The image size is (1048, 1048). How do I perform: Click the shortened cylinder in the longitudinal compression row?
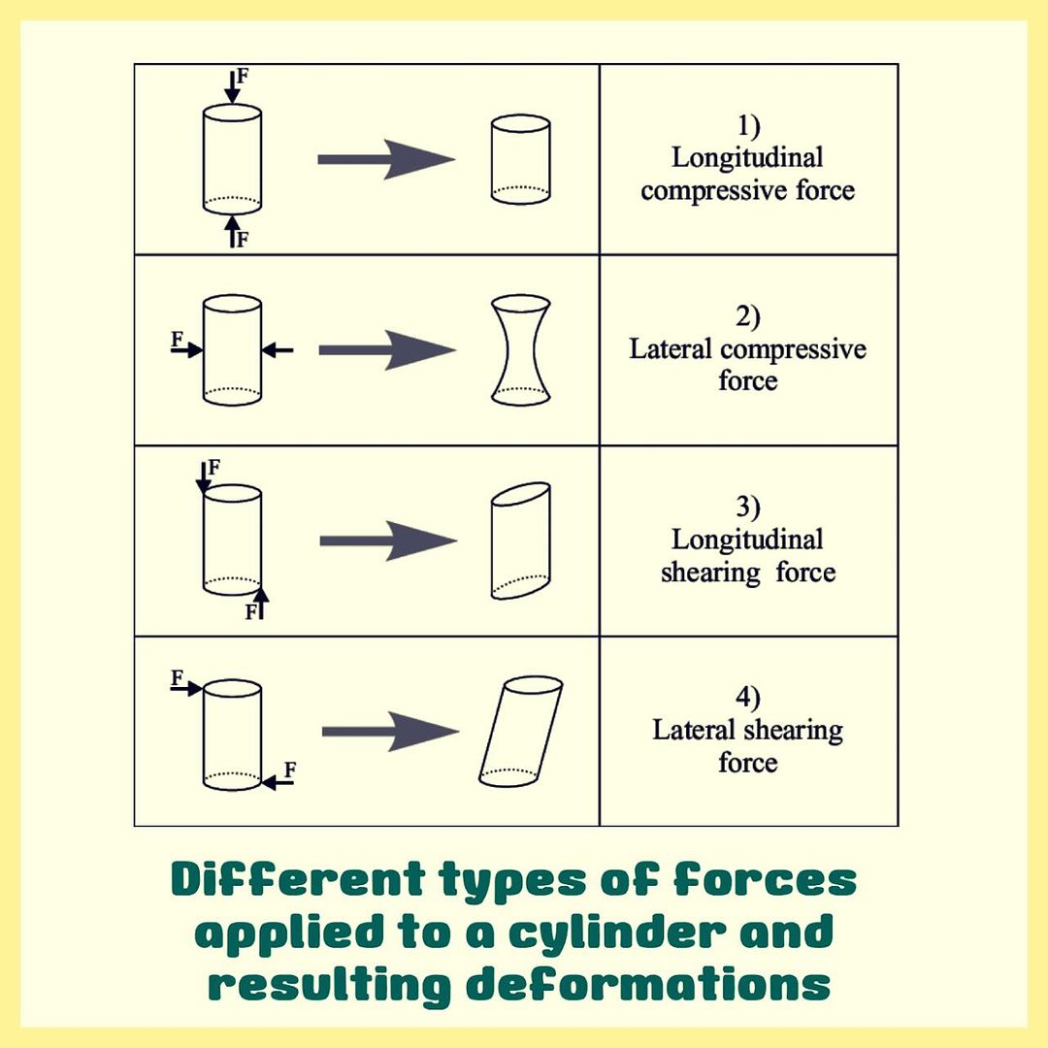pos(521,160)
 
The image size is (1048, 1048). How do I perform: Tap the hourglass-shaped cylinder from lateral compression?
pos(521,350)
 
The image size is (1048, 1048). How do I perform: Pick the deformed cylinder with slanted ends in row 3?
pos(521,541)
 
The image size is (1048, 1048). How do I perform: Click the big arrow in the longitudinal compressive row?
pos(386,159)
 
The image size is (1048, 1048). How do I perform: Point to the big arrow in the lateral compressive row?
pos(386,349)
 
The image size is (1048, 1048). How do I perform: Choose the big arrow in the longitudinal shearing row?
pos(387,540)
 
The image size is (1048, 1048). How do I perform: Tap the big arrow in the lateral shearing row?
pos(389,731)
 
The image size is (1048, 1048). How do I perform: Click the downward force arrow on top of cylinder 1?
pos(231,87)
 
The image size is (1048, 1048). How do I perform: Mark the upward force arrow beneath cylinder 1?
pos(232,231)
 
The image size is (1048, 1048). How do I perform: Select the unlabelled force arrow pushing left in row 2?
pos(278,349)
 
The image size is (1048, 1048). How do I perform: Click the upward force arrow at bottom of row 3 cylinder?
pos(260,603)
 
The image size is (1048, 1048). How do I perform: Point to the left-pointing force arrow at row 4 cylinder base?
pos(278,782)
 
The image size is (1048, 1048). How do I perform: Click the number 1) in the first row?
pos(748,125)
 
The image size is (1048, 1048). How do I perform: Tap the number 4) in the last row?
pos(748,697)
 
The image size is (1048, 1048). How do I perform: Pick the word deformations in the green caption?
pos(647,985)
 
